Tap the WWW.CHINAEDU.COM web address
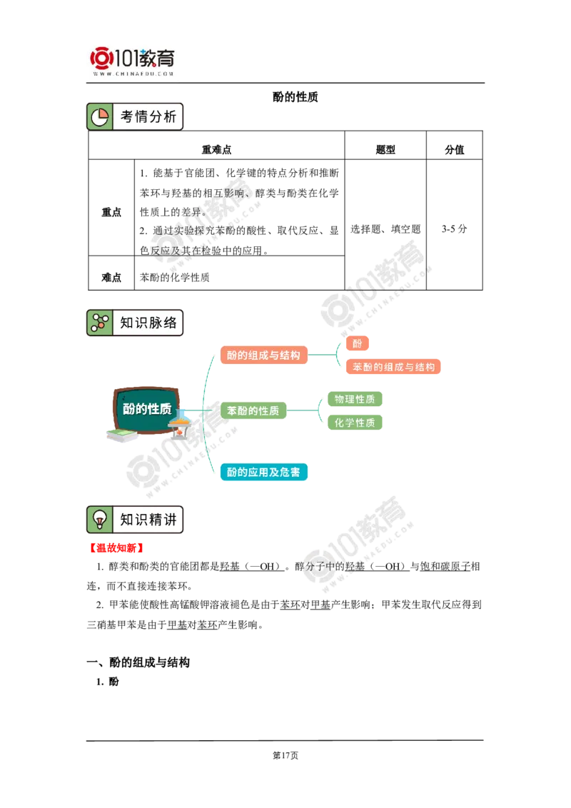pos(133,74)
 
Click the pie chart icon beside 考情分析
pos(100,117)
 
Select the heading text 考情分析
pos(148,117)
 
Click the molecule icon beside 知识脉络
pos(100,323)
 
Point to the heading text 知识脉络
pos(148,323)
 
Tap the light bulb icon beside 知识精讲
pos(100,520)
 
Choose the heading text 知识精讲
pos(148,520)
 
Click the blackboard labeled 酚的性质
pos(147,409)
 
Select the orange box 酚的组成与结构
pos(263,355)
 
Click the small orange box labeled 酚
pos(357,343)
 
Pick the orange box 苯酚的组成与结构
pos(393,367)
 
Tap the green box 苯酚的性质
pos(253,410)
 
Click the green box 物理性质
pos(354,399)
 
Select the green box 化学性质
pos(354,423)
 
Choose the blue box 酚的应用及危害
pos(263,472)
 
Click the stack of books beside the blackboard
pos(119,435)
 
